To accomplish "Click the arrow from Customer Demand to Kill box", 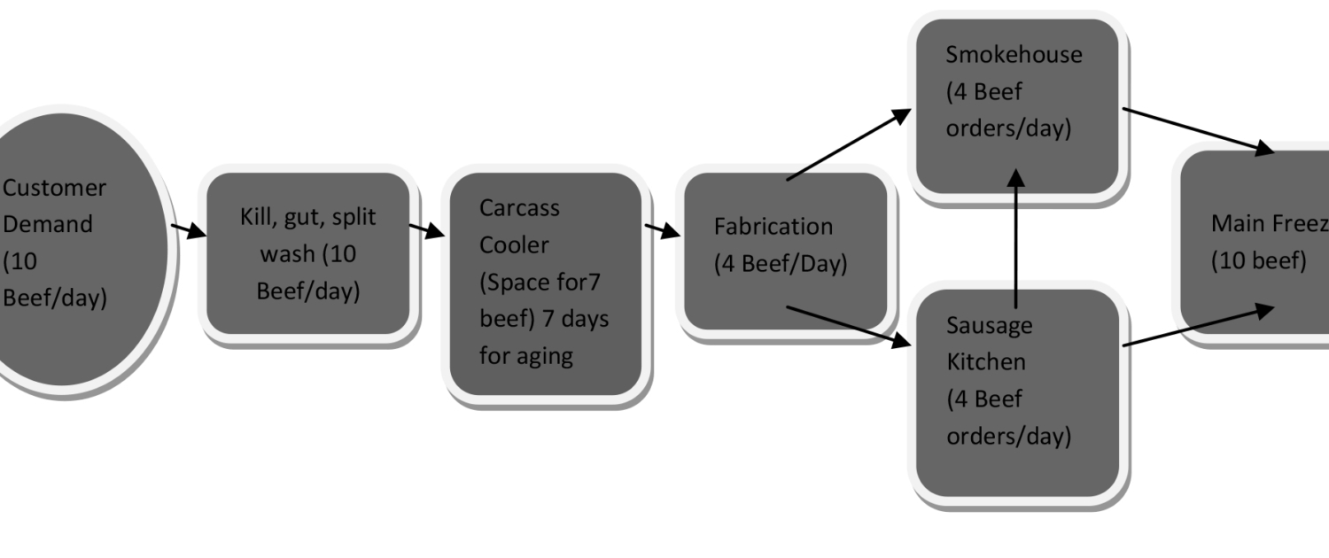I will [x=188, y=231].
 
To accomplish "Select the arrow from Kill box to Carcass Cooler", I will [x=426, y=230].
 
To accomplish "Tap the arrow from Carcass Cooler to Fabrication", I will [x=663, y=231].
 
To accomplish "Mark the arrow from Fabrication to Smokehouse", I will [x=849, y=144].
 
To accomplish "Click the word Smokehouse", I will [x=1014, y=54].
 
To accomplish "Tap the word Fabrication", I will [x=773, y=227].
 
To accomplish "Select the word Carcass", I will [x=519, y=207].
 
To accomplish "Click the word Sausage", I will [x=989, y=325].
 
